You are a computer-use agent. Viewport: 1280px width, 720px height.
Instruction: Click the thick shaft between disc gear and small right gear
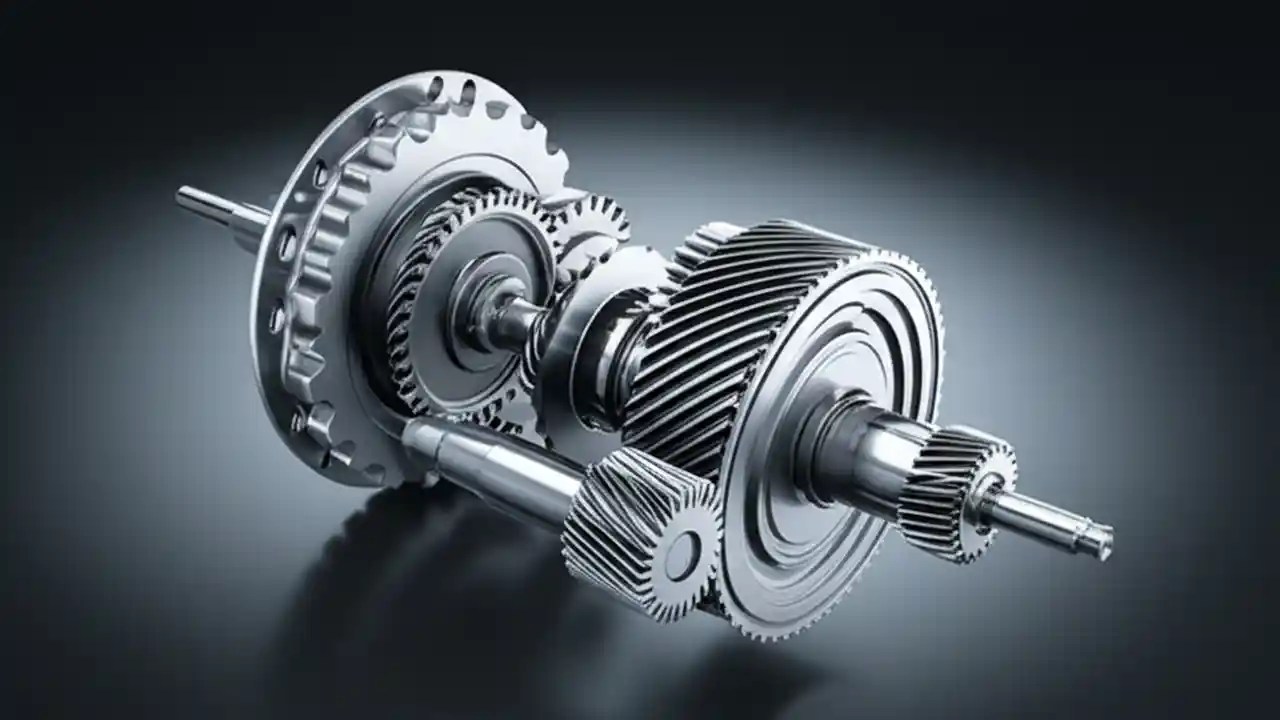pyautogui.click(x=880, y=455)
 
